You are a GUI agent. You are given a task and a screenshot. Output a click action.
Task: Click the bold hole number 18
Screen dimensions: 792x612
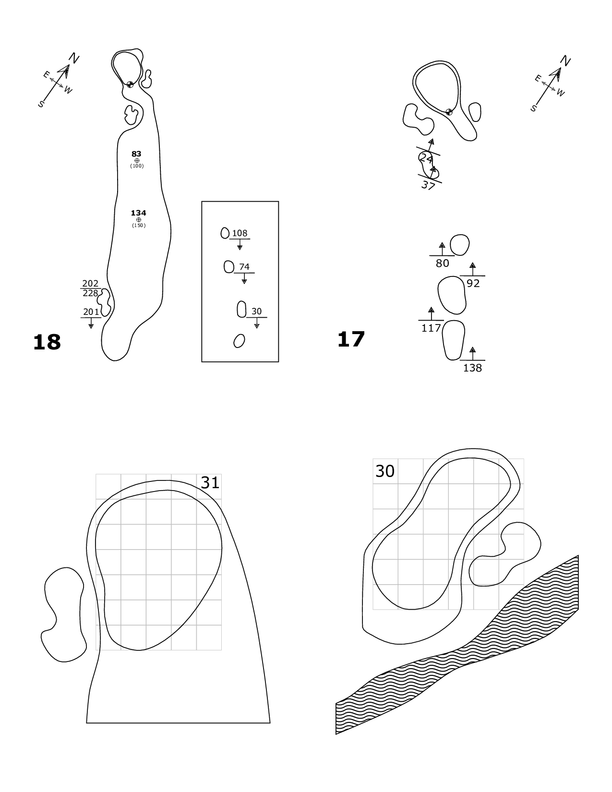[x=47, y=342]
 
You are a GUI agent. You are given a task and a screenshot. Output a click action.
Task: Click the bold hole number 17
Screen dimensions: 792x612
[x=351, y=339]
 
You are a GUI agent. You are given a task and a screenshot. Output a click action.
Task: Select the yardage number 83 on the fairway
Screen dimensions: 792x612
[x=136, y=154]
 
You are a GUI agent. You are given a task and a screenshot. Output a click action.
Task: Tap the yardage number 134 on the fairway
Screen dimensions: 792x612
[x=138, y=213]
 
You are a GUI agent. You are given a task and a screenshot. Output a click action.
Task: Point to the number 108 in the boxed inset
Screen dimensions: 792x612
[x=240, y=233]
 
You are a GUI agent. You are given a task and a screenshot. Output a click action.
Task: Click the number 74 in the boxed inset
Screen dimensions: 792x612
[x=244, y=267]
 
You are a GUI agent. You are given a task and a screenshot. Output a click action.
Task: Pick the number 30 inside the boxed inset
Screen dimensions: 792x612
[x=257, y=311]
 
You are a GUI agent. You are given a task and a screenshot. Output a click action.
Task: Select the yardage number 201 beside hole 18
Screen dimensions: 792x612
[x=91, y=312]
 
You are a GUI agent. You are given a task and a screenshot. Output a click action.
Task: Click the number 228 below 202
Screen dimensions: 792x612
[x=90, y=293]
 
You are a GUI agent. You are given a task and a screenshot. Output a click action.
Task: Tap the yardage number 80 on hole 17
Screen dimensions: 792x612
[x=442, y=263]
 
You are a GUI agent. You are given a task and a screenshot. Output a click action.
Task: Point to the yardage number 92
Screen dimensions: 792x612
[x=473, y=283]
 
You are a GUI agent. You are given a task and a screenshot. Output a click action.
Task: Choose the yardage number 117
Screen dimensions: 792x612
[x=431, y=328]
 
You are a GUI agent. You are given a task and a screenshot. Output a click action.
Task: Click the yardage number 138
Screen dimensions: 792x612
[x=472, y=368]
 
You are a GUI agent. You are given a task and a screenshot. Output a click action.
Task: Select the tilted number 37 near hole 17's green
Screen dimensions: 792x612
[x=428, y=185]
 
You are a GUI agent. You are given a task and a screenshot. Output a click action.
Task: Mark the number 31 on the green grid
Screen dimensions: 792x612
[x=210, y=482]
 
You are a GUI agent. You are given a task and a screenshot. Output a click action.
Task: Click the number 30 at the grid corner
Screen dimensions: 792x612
[x=384, y=471]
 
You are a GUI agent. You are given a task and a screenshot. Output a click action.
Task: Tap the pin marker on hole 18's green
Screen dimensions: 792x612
[x=130, y=84]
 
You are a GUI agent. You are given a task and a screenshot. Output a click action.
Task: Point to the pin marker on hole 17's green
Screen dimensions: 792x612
[x=449, y=112]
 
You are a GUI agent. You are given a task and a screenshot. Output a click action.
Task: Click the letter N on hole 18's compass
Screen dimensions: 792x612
[x=74, y=58]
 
